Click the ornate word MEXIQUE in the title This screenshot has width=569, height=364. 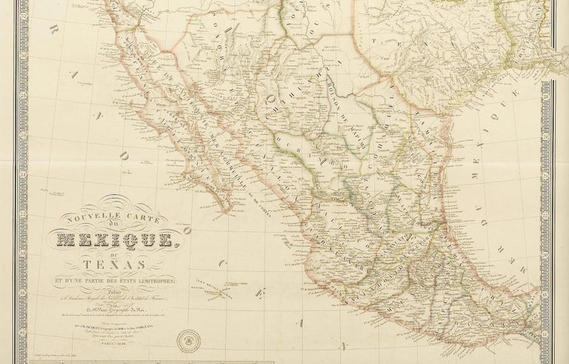(x=122, y=239)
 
